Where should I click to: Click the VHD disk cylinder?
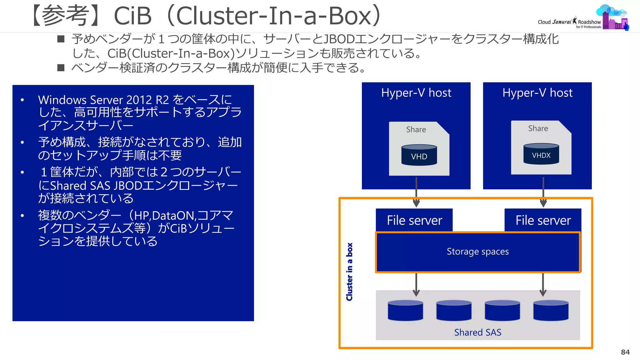tap(419, 155)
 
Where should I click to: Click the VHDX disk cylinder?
tap(541, 154)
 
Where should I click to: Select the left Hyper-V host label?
tap(416, 93)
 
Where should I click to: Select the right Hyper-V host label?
tap(537, 93)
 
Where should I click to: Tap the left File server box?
tap(414, 220)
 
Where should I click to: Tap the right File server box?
tap(543, 220)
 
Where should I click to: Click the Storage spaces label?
tap(477, 252)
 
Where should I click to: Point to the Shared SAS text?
tap(477, 332)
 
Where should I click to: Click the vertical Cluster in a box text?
tap(349, 272)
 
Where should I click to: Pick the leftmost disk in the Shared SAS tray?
tap(405, 311)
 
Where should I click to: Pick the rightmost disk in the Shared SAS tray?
tap(551, 311)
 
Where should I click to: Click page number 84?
tap(625, 352)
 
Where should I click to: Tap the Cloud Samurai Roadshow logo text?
tap(569, 22)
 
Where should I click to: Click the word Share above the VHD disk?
tap(416, 129)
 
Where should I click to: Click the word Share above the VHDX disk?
tap(538, 128)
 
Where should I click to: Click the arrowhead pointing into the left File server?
tap(416, 203)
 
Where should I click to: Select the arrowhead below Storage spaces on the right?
tap(543, 293)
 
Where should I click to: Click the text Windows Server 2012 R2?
tap(103, 100)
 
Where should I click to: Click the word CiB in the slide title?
tap(132, 16)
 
